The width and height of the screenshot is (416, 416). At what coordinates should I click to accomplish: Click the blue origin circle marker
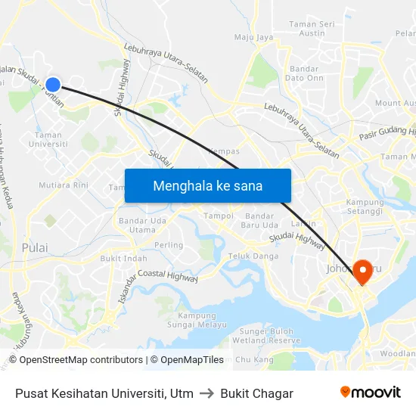click(53, 85)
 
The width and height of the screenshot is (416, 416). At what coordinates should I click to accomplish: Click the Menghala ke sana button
click(208, 185)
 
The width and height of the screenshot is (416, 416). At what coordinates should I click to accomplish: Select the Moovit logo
click(370, 393)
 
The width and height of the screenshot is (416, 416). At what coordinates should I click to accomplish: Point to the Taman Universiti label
click(47, 139)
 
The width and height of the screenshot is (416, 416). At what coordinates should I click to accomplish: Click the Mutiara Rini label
click(64, 185)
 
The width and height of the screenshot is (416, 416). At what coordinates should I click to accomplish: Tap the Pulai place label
click(35, 247)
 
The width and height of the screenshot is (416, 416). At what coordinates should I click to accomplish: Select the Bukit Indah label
click(124, 258)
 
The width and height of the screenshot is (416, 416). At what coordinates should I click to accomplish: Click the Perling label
click(169, 245)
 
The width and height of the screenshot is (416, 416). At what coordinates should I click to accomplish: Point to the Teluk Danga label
click(253, 256)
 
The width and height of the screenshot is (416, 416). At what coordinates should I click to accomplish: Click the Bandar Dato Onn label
click(304, 73)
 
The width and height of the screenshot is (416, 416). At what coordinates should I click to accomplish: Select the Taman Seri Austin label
click(312, 29)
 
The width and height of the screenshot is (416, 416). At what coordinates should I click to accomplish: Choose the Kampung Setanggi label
click(365, 206)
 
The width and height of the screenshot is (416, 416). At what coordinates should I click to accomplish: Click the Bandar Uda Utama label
click(137, 225)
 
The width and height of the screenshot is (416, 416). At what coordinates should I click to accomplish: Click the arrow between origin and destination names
click(206, 393)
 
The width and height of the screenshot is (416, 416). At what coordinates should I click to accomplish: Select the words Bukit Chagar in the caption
click(257, 393)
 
